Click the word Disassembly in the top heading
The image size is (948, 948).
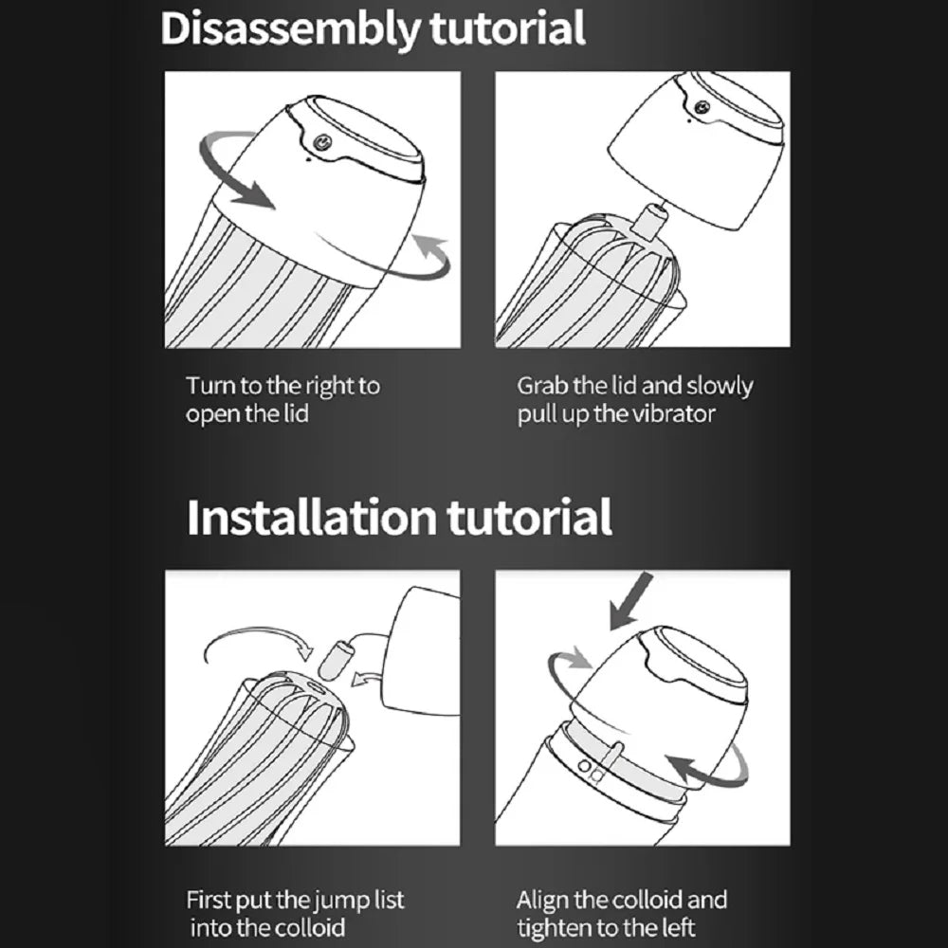(289, 29)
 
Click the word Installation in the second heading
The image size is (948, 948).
(311, 518)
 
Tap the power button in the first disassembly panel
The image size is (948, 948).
(323, 142)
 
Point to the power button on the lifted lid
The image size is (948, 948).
(702, 108)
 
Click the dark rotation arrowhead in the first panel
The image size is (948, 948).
(254, 193)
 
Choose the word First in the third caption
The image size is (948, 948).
(209, 901)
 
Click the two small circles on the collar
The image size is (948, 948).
(589, 769)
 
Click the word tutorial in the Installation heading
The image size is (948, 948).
(530, 518)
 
